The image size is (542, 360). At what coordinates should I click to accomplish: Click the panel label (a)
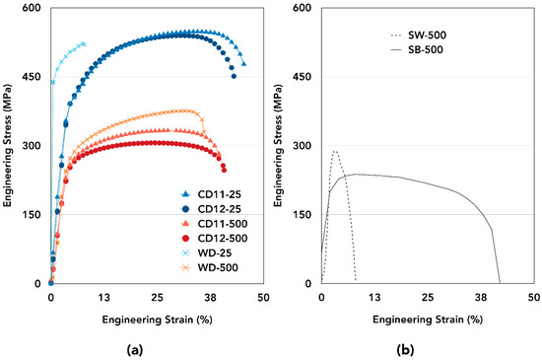coord(156,348)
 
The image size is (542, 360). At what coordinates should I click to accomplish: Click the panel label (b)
coord(426,348)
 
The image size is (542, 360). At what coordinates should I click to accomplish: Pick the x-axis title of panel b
coord(427,321)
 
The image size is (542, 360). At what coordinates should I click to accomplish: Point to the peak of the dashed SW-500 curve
coord(335,151)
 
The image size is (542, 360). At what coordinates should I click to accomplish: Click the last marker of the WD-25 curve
coord(84,44)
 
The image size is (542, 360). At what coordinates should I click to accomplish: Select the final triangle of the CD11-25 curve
coord(243,64)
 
